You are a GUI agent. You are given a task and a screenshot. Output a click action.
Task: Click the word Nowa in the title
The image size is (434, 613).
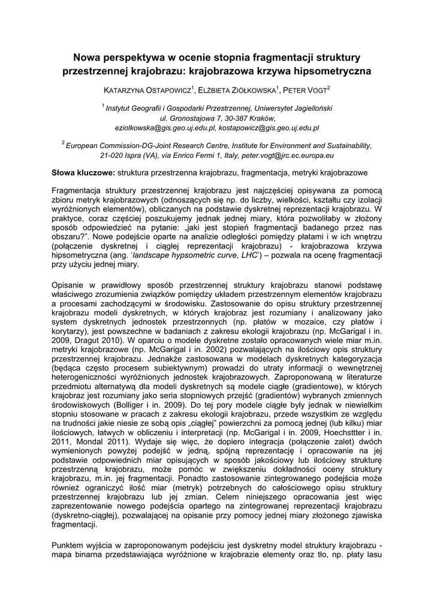86,58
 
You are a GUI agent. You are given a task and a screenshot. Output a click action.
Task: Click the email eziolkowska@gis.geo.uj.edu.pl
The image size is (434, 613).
165,128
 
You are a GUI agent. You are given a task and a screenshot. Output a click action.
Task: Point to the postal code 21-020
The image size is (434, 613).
113,155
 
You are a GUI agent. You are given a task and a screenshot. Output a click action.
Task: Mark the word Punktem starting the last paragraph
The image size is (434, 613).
70,545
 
